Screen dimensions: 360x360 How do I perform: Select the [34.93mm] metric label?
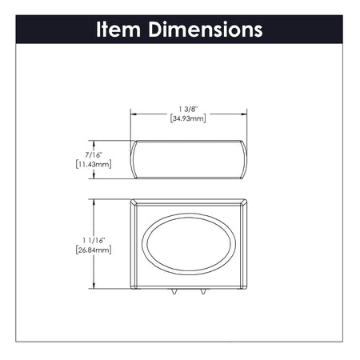(188, 118)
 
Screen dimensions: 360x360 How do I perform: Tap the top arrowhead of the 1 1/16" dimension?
(96, 200)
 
